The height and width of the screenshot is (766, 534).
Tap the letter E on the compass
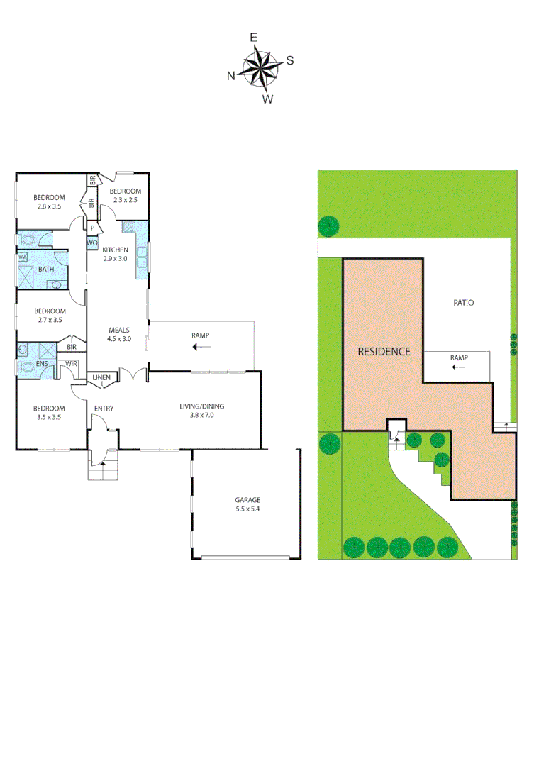click(253, 38)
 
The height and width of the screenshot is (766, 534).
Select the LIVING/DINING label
click(201, 406)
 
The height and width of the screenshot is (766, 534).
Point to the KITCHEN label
click(115, 250)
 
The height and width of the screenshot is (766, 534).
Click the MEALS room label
click(118, 330)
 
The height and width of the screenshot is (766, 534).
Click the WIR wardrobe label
click(71, 364)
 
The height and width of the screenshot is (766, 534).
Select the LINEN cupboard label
click(101, 377)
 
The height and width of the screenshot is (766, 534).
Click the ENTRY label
click(104, 409)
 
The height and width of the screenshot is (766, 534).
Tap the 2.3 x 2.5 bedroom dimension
click(125, 201)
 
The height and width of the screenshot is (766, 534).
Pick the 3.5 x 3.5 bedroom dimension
click(49, 417)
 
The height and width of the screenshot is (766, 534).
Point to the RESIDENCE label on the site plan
click(384, 351)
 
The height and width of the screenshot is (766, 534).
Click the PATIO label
click(463, 303)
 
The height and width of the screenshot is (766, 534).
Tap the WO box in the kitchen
click(91, 243)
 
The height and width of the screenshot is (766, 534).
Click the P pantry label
click(92, 228)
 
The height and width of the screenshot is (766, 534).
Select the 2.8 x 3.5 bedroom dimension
click(50, 206)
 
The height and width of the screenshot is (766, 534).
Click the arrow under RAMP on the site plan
click(459, 367)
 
